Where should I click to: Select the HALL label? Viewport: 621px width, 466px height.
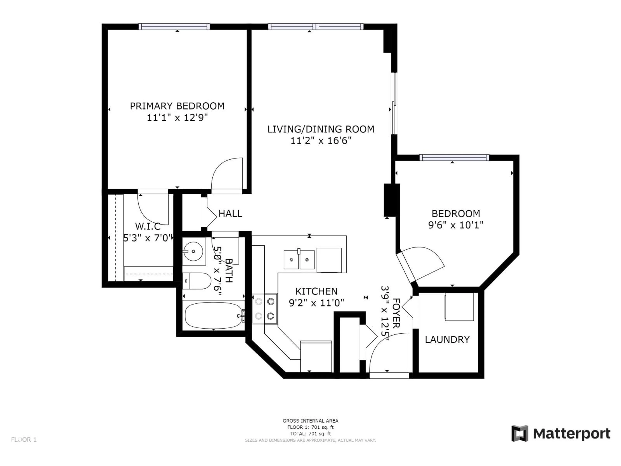pos(230,213)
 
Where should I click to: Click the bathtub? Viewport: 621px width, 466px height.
pos(213,315)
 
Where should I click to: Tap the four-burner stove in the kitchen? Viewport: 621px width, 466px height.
pos(264,309)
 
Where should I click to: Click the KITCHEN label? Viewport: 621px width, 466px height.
pos(316,291)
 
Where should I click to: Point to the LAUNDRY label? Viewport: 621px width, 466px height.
pos(447,340)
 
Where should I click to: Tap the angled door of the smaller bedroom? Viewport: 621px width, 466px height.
pos(421,264)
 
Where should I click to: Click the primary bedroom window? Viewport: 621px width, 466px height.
pos(174,27)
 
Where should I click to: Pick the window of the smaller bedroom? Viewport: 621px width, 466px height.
pos(454,158)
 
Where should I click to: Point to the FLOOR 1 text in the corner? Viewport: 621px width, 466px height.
pos(24,440)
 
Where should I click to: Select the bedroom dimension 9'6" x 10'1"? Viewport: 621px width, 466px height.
pos(456,225)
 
